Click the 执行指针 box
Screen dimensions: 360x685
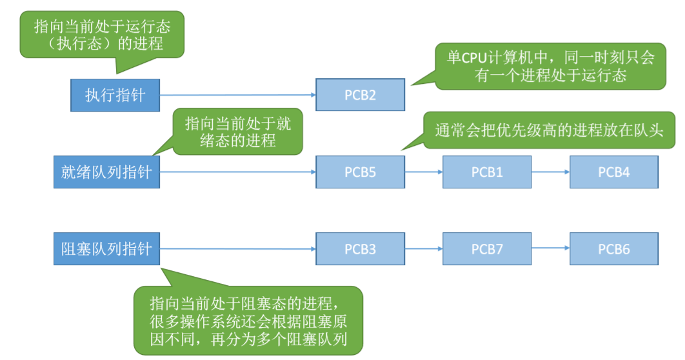point(115,95)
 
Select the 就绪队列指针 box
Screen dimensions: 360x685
point(106,172)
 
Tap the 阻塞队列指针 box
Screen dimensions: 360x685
point(106,249)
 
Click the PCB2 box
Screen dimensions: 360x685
point(360,95)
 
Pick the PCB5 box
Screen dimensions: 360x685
point(360,172)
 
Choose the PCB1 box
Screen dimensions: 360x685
point(487,172)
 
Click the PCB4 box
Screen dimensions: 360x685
point(613,172)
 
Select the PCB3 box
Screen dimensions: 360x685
point(360,249)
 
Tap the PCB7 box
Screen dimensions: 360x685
point(487,249)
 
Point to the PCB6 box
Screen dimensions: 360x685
point(613,249)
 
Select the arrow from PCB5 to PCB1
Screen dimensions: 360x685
point(424,172)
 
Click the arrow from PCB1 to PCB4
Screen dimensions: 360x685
point(550,172)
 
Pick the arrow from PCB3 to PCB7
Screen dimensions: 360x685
point(424,249)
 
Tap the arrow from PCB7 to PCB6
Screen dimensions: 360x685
point(550,249)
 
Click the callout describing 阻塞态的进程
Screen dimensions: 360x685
point(248,321)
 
